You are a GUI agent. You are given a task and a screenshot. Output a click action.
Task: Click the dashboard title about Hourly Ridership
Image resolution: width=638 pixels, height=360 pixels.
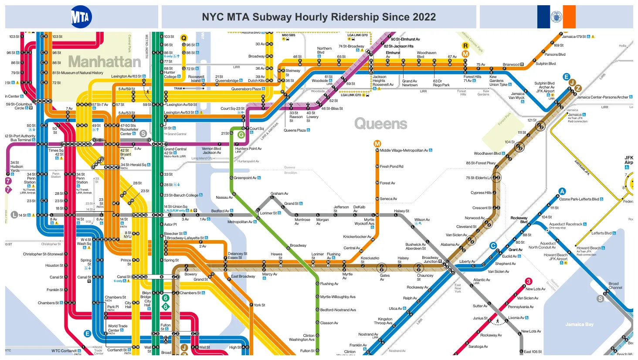319,17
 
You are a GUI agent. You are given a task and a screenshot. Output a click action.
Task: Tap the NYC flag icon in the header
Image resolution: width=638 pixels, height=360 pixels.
556,17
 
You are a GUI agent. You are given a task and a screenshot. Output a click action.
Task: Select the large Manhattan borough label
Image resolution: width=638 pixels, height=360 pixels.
105,61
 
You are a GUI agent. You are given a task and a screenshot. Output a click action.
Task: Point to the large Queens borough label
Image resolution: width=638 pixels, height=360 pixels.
380,124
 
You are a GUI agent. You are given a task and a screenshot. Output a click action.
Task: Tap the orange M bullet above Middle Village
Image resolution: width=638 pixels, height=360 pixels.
377,143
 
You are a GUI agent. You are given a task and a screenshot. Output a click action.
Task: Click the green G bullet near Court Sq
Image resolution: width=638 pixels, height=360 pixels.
241,135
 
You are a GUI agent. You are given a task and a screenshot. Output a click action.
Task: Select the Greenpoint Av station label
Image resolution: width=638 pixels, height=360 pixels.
247,178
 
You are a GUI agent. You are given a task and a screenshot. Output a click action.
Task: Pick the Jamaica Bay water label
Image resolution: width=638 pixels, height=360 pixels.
579,324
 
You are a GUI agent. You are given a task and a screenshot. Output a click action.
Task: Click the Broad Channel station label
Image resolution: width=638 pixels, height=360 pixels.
615,285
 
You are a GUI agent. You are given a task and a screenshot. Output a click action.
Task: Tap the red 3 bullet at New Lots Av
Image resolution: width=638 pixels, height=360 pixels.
529,282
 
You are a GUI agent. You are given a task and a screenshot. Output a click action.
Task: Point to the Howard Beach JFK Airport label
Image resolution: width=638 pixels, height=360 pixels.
555,257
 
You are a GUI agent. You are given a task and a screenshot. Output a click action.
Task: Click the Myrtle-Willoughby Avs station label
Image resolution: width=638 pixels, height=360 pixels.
338,297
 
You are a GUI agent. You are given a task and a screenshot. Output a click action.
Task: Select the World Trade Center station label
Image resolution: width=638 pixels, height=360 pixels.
117,328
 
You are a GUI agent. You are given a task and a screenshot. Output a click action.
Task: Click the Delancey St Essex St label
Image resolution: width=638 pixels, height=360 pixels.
238,255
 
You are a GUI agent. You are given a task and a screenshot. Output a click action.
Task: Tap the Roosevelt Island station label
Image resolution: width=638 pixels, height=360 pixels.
196,78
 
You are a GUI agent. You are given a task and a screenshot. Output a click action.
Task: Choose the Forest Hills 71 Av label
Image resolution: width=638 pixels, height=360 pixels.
472,78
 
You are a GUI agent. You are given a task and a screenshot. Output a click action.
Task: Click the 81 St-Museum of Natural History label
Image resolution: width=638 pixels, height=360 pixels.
78,73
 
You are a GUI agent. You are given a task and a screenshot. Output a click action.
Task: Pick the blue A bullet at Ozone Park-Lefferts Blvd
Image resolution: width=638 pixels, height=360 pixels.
562,191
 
